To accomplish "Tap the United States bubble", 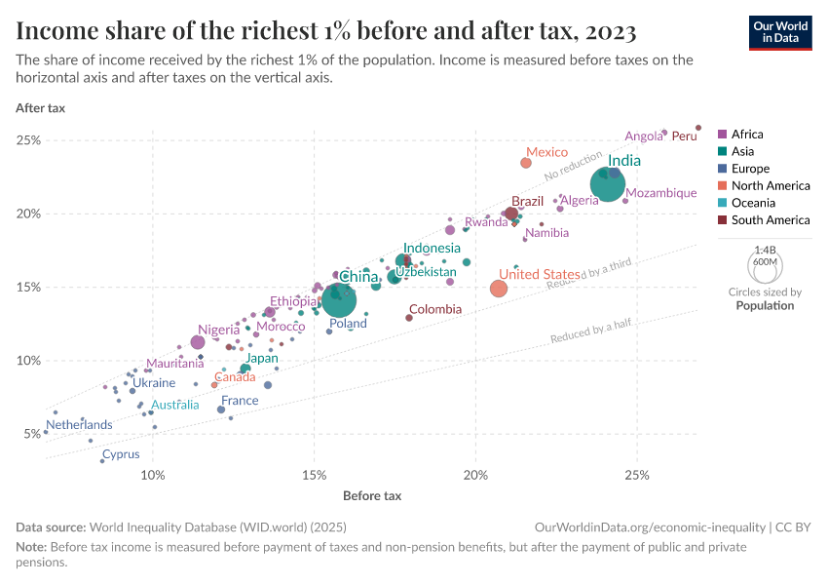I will pyautogui.click(x=499, y=289).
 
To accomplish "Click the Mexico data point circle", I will pyautogui.click(x=526, y=163).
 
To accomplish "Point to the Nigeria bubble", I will pyautogui.click(x=198, y=342).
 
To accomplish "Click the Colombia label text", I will pyautogui.click(x=435, y=309).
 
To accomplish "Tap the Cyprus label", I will pyautogui.click(x=121, y=454).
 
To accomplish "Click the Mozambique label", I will pyautogui.click(x=661, y=193).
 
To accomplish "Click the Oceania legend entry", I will pyautogui.click(x=753, y=203).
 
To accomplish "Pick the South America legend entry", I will pyautogui.click(x=770, y=220).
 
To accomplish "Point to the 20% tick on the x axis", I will pyautogui.click(x=475, y=475).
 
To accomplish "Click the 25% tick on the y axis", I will pyautogui.click(x=28, y=140).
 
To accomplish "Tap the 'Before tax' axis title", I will pyautogui.click(x=372, y=496).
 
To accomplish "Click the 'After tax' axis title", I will pyautogui.click(x=40, y=108).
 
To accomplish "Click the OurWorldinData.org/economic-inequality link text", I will pyautogui.click(x=649, y=526).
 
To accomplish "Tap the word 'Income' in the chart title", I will pyautogui.click(x=54, y=31).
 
